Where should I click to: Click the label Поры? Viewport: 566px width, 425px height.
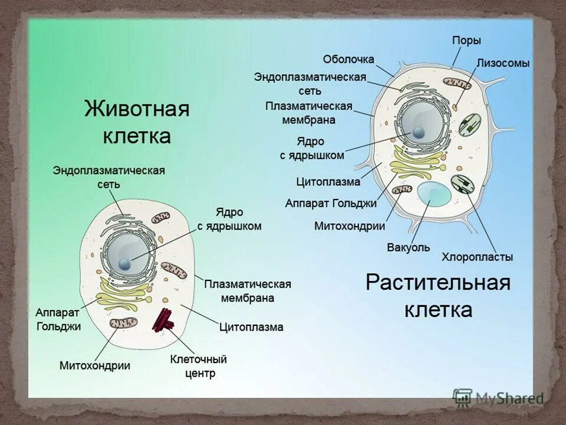(x=466, y=41)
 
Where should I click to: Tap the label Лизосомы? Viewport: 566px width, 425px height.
(x=503, y=63)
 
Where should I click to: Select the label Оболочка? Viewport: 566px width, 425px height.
(x=348, y=60)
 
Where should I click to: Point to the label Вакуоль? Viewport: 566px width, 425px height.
(x=409, y=247)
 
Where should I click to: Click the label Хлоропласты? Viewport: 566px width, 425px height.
(x=477, y=257)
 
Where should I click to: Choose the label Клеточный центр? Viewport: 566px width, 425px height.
(x=198, y=366)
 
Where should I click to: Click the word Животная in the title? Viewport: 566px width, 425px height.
(x=136, y=110)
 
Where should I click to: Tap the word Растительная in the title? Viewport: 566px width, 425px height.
(x=437, y=282)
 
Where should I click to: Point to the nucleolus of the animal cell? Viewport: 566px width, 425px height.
(x=125, y=263)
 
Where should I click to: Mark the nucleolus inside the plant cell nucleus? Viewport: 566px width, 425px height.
(x=419, y=133)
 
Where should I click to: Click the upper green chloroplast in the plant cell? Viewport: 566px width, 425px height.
(x=470, y=125)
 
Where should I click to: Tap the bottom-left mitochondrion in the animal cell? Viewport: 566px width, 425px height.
(x=123, y=323)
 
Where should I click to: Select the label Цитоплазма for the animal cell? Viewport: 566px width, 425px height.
(x=251, y=326)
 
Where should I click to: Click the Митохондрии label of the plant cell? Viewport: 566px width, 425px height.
(x=350, y=226)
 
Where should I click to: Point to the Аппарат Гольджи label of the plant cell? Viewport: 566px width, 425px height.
(x=330, y=203)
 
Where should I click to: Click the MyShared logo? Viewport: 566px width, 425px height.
(x=498, y=398)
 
